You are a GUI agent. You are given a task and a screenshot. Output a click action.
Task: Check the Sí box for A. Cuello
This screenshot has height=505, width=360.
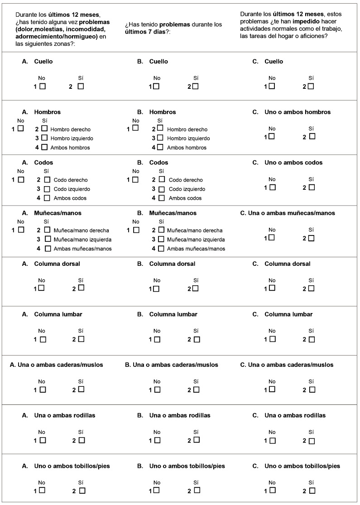point(81,86)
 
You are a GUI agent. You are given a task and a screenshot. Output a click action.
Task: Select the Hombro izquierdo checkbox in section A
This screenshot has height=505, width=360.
point(44,138)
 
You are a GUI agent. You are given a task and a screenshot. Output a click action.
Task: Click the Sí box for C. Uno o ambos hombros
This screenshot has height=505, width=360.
point(312,136)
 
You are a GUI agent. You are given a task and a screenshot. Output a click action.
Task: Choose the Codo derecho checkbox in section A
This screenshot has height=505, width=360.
point(47,179)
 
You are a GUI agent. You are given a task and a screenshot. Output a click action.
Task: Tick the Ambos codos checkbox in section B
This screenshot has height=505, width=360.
point(162,197)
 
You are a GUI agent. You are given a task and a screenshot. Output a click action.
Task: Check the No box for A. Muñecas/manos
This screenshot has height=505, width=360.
point(21,230)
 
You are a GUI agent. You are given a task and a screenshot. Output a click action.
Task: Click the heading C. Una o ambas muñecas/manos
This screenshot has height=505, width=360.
point(288,213)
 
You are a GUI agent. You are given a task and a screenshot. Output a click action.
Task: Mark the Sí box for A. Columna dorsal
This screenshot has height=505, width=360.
point(81,288)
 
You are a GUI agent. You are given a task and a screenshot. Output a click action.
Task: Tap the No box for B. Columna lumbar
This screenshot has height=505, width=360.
point(157,339)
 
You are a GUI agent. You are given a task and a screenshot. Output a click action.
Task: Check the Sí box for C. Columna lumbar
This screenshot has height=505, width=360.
point(312,339)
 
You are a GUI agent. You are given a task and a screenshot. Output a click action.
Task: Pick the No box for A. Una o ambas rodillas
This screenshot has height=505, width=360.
point(43,439)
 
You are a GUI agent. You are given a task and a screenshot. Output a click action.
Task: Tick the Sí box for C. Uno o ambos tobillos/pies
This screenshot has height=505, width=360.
point(312,491)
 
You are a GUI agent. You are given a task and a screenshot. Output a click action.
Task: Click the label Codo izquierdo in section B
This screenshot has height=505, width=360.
point(187,189)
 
